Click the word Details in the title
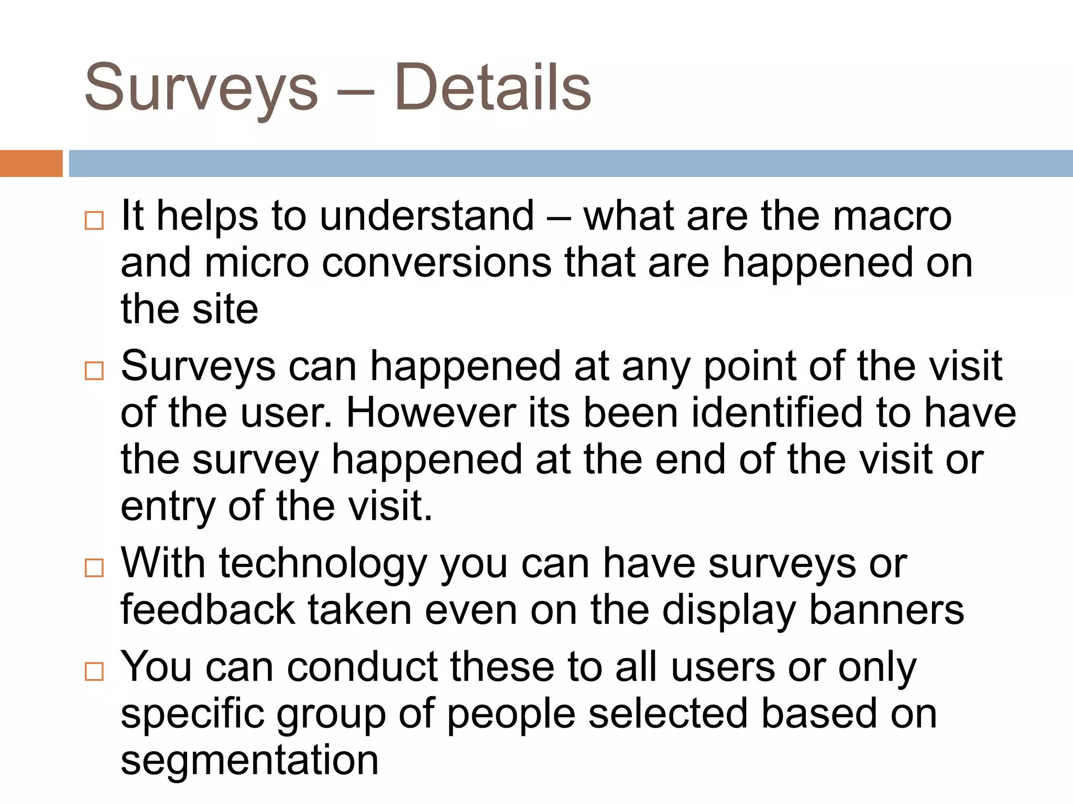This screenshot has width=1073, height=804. point(492,87)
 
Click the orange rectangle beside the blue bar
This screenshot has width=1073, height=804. point(31,163)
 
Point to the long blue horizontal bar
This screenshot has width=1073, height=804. point(571,163)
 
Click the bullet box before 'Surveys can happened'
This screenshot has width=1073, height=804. point(94,371)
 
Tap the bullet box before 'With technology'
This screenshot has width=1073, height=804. point(94,568)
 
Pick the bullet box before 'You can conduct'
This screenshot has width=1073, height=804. point(94,671)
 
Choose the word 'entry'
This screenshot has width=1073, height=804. point(168,507)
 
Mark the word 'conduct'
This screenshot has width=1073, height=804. point(362,667)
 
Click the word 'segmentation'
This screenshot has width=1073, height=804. point(249,761)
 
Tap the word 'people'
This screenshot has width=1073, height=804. point(511,714)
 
